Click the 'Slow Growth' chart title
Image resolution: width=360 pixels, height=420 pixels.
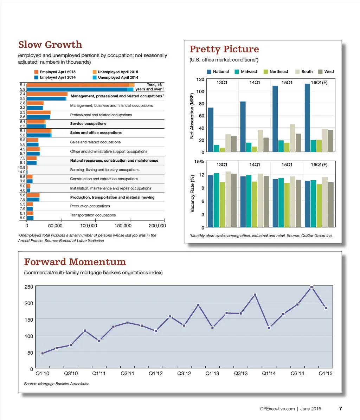click(x=50, y=45)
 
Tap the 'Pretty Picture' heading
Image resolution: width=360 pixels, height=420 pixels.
click(x=224, y=49)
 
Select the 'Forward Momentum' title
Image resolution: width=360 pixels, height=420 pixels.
click(x=75, y=262)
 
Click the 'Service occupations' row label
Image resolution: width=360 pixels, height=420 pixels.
click(x=88, y=124)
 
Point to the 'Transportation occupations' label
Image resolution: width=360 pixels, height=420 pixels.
click(x=93, y=215)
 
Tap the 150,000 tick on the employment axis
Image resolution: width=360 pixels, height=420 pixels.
click(x=123, y=225)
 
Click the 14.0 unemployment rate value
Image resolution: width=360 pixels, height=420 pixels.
click(x=22, y=172)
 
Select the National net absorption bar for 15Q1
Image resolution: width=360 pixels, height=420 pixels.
click(x=275, y=119)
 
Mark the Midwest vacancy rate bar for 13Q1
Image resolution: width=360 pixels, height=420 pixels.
click(x=217, y=200)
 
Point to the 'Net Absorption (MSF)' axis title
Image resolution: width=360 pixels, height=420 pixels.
click(x=192, y=116)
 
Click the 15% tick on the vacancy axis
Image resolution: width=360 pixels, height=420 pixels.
click(x=199, y=162)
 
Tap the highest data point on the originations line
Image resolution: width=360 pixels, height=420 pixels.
click(x=311, y=287)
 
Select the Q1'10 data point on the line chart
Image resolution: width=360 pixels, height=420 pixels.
click(x=43, y=353)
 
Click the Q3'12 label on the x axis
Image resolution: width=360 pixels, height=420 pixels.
click(x=184, y=373)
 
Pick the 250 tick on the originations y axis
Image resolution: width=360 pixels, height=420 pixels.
click(x=29, y=287)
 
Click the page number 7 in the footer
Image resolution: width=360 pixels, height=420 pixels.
click(x=340, y=408)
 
